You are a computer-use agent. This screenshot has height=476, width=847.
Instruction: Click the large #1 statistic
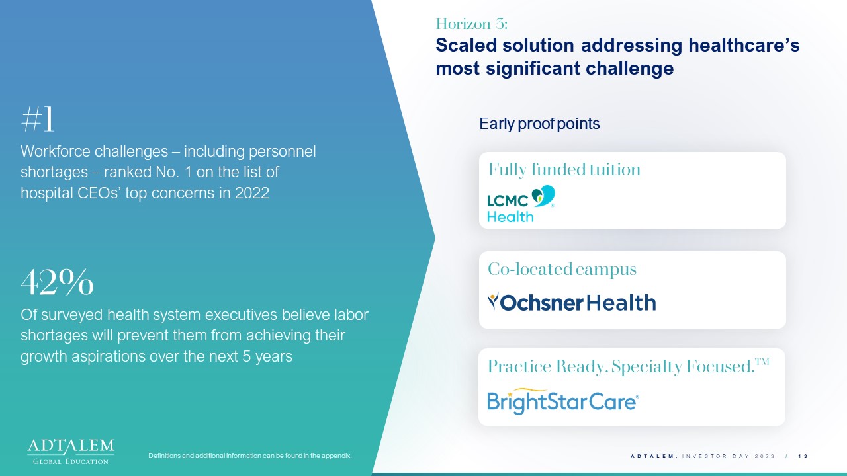38,119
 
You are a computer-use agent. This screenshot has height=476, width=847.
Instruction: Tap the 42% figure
57,282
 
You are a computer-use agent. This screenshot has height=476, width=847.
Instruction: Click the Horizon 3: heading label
472,24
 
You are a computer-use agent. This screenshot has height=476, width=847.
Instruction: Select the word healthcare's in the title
744,46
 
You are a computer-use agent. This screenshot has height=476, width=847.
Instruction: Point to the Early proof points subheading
539,124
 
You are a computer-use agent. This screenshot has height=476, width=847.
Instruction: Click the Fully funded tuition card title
564,169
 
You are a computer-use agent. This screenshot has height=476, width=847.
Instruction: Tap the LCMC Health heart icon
543,196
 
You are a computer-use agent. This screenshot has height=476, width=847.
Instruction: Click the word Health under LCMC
510,217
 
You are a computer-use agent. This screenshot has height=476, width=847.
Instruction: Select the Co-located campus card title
562,269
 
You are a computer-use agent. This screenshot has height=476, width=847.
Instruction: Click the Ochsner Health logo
572,302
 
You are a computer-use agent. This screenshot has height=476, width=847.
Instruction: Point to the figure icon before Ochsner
493,301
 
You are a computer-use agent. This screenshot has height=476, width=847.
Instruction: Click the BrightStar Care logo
563,401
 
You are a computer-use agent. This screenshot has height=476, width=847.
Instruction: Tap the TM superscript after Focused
762,362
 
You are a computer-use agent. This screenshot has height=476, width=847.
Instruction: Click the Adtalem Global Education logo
71,452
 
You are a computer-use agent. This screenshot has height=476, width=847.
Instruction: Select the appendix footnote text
250,456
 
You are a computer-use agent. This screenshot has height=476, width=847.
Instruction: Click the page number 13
803,456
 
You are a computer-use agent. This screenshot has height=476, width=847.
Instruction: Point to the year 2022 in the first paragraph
252,193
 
